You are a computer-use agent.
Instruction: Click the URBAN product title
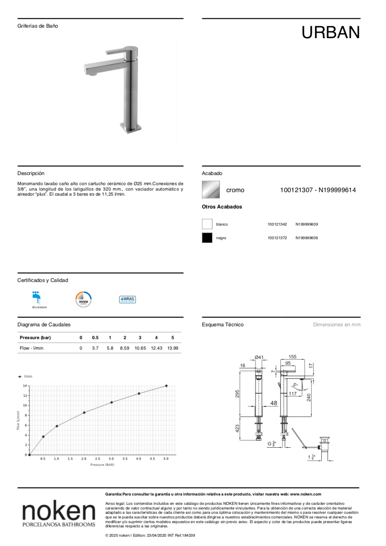[x=330, y=33]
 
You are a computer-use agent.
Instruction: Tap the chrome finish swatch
[x=211, y=190]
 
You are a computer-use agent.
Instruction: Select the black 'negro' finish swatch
[x=207, y=238]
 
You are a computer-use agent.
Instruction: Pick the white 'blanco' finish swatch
[x=207, y=224]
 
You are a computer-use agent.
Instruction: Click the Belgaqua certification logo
[x=37, y=299]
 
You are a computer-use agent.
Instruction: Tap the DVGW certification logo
[x=83, y=299]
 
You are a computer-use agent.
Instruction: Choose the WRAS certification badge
[x=127, y=299]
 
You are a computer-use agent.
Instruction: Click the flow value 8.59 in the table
[x=125, y=348]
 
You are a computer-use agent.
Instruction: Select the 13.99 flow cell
[x=173, y=348]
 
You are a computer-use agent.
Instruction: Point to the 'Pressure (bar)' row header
[x=35, y=338]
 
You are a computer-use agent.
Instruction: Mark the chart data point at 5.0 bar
[x=167, y=386]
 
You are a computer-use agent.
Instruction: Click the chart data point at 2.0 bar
[x=84, y=413]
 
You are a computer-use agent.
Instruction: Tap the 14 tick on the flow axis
[x=25, y=386]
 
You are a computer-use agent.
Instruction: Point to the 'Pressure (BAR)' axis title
[x=102, y=465]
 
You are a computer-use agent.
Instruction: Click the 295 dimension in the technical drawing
[x=237, y=394]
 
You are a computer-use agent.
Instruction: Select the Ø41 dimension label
[x=259, y=357]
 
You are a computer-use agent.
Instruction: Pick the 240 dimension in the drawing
[x=309, y=397]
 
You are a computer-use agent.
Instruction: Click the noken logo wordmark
[x=59, y=511]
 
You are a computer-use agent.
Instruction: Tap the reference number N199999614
[x=337, y=190]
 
